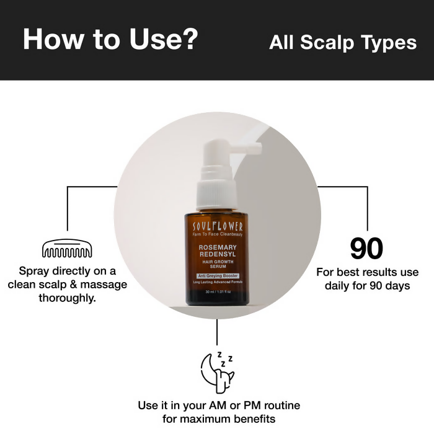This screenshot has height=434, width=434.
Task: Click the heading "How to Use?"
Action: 110,39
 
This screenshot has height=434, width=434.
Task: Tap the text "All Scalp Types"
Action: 343,42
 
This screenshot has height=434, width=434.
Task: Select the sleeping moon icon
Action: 217,371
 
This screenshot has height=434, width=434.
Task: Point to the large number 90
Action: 367,249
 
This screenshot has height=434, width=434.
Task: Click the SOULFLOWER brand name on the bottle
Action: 217,226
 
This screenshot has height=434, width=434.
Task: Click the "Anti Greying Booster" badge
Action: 217,275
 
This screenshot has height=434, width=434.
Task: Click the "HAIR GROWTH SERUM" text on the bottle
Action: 217,264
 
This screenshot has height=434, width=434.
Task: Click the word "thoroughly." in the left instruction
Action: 66,298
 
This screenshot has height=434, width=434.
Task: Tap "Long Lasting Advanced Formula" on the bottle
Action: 217,283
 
